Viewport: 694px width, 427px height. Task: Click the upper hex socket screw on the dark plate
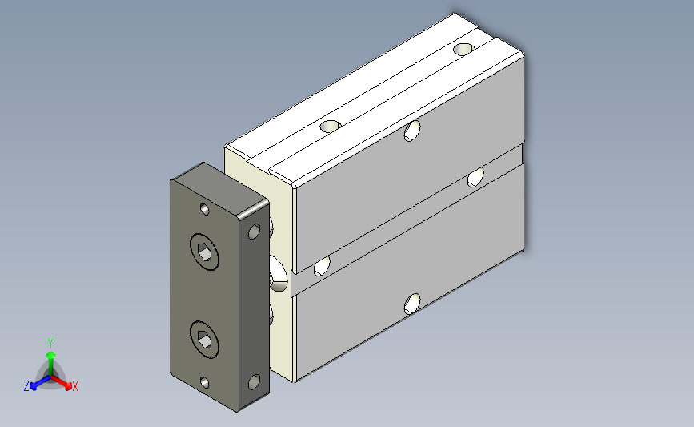[204, 252]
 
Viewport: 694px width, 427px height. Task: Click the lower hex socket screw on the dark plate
[204, 340]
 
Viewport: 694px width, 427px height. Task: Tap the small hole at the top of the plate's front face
[204, 209]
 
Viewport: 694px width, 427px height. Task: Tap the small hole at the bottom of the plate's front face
[204, 382]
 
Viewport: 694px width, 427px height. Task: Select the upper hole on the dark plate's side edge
[254, 232]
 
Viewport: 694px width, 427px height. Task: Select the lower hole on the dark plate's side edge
[254, 382]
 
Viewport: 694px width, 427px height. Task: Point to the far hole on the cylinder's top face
[463, 49]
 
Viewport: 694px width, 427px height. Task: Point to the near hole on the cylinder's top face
[330, 127]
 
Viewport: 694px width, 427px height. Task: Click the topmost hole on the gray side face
[412, 131]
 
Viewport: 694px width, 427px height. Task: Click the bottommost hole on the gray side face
[412, 304]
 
